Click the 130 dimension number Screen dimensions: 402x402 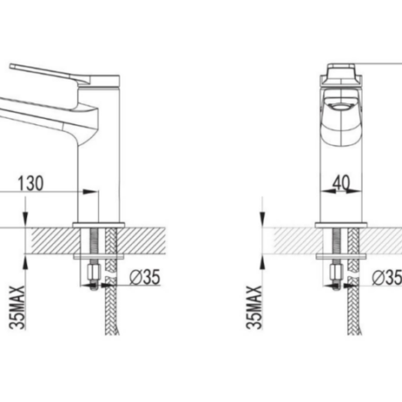[x=31, y=183]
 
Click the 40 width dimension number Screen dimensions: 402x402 [x=342, y=183]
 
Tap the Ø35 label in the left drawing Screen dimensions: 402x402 [x=145, y=277]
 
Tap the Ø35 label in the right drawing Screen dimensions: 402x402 [x=387, y=277]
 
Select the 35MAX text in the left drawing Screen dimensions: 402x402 [x=17, y=308]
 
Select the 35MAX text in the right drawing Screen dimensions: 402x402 [x=254, y=308]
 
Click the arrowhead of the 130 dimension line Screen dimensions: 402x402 [x=90, y=191]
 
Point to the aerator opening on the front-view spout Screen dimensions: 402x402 [x=341, y=107]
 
